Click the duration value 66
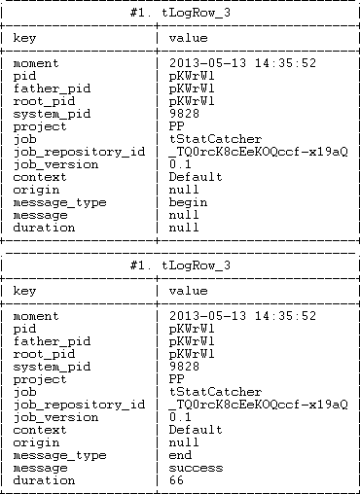pos(176,480)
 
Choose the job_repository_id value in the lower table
pos(257,405)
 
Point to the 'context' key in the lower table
pos(40,430)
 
